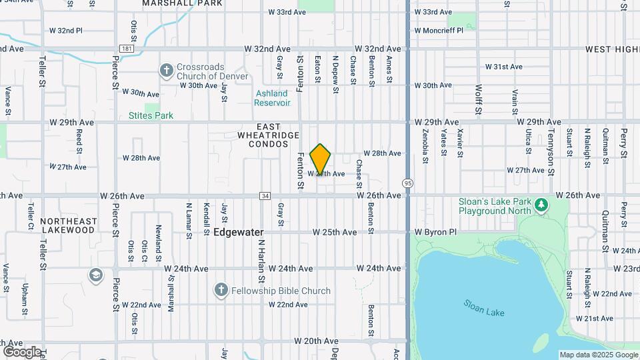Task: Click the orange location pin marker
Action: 321,159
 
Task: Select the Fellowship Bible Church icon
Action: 221,290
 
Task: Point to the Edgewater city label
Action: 239,232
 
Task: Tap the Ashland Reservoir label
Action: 272,98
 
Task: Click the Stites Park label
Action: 151,115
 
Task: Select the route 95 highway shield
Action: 407,183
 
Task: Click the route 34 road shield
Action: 265,196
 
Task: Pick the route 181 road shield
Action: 126,49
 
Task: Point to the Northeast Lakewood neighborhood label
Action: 68,225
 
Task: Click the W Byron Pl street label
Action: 435,232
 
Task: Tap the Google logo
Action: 21,351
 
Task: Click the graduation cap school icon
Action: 96,274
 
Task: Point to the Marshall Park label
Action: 173,3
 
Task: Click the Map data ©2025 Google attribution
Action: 599,355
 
